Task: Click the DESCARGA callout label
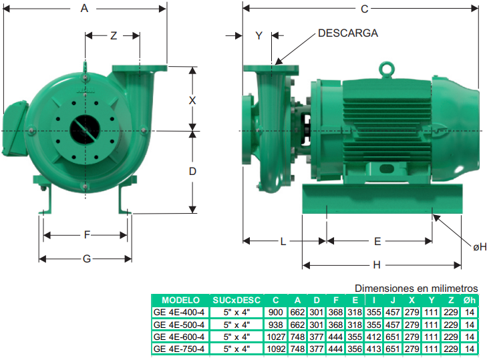[x=348, y=33]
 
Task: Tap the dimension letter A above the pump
[x=84, y=9]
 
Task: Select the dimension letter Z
[x=114, y=36]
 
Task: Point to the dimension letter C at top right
[x=364, y=9]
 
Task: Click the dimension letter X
[x=192, y=101]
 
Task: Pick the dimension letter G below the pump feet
[x=87, y=258]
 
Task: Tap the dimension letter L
[x=283, y=242]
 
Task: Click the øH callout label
[x=480, y=247]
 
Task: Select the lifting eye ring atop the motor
[x=387, y=69]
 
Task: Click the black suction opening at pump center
[x=85, y=130]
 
